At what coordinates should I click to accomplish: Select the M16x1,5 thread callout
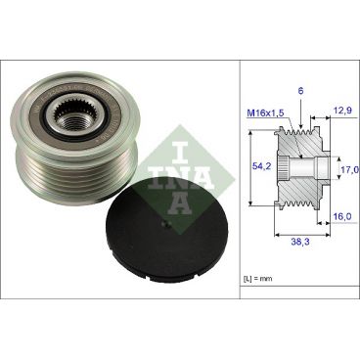[x=264, y=113]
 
